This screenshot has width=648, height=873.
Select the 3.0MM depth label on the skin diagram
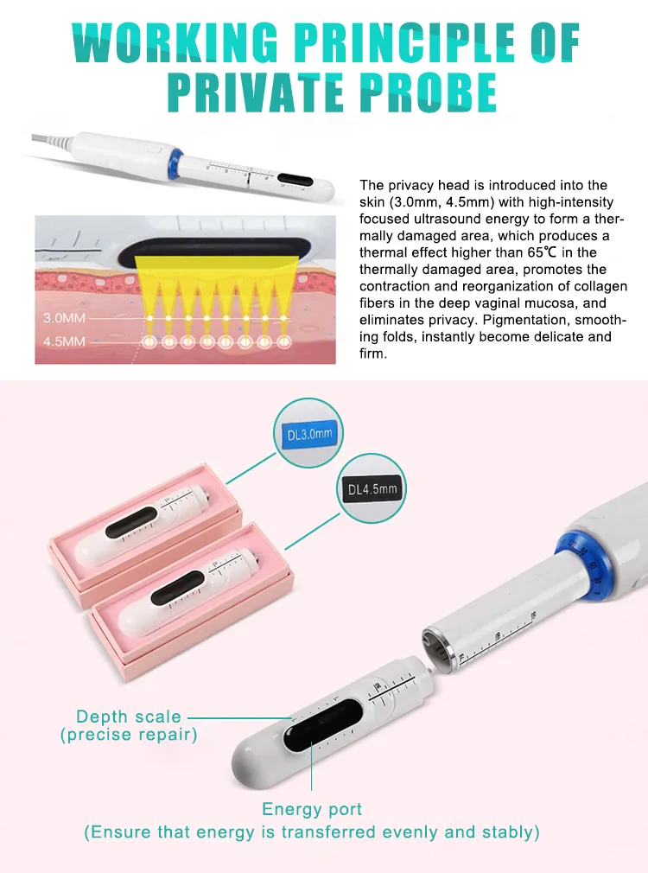coord(64,318)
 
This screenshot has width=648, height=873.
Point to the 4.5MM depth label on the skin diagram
coord(64,341)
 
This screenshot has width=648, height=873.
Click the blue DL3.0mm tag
coord(308,434)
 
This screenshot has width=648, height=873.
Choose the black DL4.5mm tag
coord(372,489)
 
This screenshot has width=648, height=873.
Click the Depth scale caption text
coord(129,717)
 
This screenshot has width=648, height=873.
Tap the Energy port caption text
coord(312,810)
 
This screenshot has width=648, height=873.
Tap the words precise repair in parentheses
coord(129,735)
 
